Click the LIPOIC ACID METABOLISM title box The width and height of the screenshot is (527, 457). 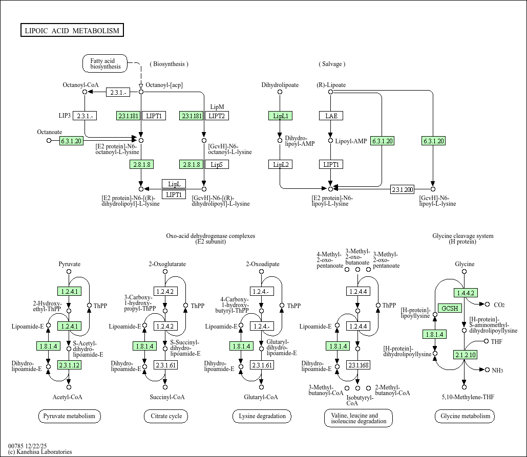[x=72, y=31]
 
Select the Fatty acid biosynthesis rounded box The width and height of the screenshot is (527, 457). [x=106, y=64]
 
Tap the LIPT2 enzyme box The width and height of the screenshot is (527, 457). [x=217, y=116]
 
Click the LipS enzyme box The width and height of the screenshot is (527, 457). [x=217, y=164]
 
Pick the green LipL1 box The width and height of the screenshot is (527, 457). [x=280, y=116]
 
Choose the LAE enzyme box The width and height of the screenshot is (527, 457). [x=331, y=116]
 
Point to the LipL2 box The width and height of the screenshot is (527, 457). [x=280, y=164]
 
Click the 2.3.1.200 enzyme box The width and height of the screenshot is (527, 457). [x=402, y=189]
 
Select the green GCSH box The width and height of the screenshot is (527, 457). [x=451, y=308]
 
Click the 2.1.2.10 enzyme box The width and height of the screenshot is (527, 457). [x=465, y=355]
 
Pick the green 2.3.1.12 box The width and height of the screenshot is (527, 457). [x=69, y=365]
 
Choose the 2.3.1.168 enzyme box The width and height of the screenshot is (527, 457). [x=358, y=365]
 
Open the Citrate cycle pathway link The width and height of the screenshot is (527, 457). [x=166, y=416]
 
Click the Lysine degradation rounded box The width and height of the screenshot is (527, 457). [x=262, y=416]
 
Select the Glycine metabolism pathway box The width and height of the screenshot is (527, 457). [x=465, y=416]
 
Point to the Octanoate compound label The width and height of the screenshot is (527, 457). [x=50, y=132]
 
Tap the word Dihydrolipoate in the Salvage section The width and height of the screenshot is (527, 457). [x=280, y=85]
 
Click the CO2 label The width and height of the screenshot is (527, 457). [x=499, y=305]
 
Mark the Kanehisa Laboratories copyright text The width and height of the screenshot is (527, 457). [x=40, y=452]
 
